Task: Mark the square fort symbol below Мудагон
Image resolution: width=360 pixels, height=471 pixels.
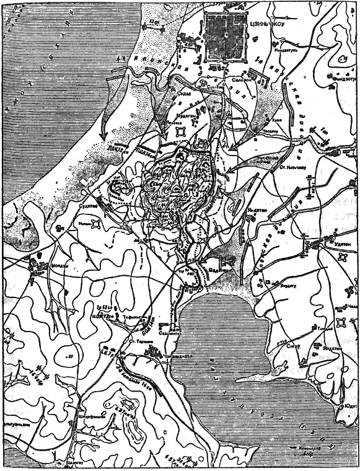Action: click(x=180, y=131)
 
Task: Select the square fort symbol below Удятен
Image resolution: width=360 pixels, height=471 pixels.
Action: click(x=340, y=321)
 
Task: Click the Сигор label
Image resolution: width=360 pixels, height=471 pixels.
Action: click(x=296, y=348)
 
